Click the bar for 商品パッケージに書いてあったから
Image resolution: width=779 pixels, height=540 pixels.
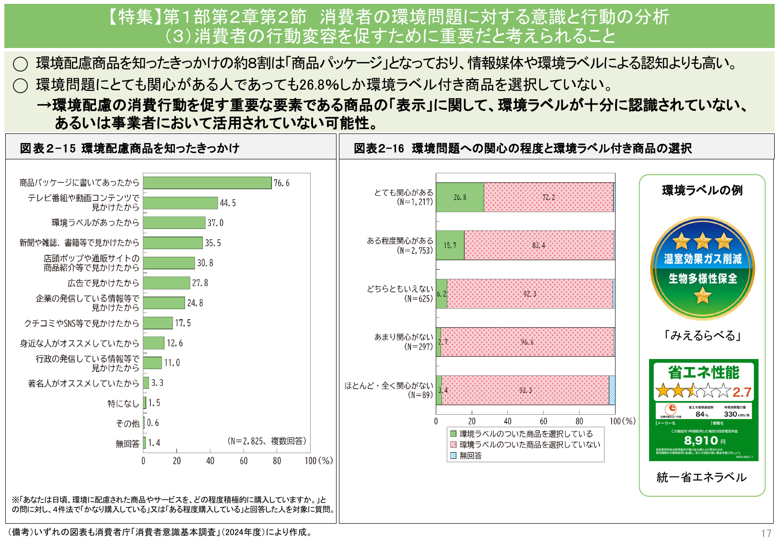207,183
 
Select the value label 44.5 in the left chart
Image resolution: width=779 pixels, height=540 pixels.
228,203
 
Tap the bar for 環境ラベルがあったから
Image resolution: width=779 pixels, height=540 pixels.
174,223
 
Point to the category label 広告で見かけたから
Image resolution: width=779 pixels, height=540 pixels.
103,283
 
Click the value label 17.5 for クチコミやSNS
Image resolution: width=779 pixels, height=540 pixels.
183,324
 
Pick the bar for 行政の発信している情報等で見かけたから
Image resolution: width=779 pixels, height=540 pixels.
152,363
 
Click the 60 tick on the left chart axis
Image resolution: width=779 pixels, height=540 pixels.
244,461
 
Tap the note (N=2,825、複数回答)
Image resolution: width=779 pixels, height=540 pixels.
267,441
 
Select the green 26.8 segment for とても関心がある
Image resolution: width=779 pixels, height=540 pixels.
460,197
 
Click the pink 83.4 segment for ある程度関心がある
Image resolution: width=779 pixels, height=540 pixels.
538,245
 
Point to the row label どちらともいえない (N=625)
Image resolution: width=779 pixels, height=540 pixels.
400,294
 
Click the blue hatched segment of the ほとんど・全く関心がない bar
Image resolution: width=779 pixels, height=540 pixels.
612,390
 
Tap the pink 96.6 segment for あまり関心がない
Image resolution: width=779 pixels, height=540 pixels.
527,342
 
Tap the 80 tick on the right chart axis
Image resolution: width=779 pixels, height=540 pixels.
579,421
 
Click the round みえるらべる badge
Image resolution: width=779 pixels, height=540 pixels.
702,268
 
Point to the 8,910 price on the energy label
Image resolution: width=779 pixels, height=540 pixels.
701,440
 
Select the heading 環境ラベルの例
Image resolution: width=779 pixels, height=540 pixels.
702,191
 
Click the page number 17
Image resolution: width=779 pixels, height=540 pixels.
766,533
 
